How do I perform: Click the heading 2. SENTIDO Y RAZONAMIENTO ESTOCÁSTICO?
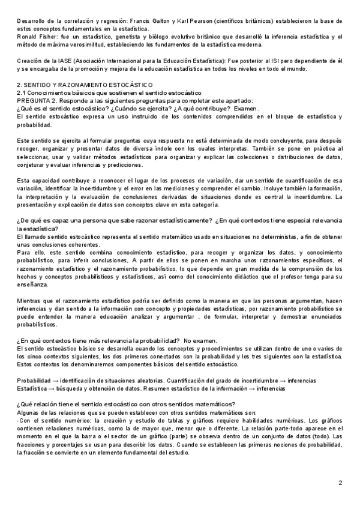(85, 85)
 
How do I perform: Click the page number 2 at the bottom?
(340, 482)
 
